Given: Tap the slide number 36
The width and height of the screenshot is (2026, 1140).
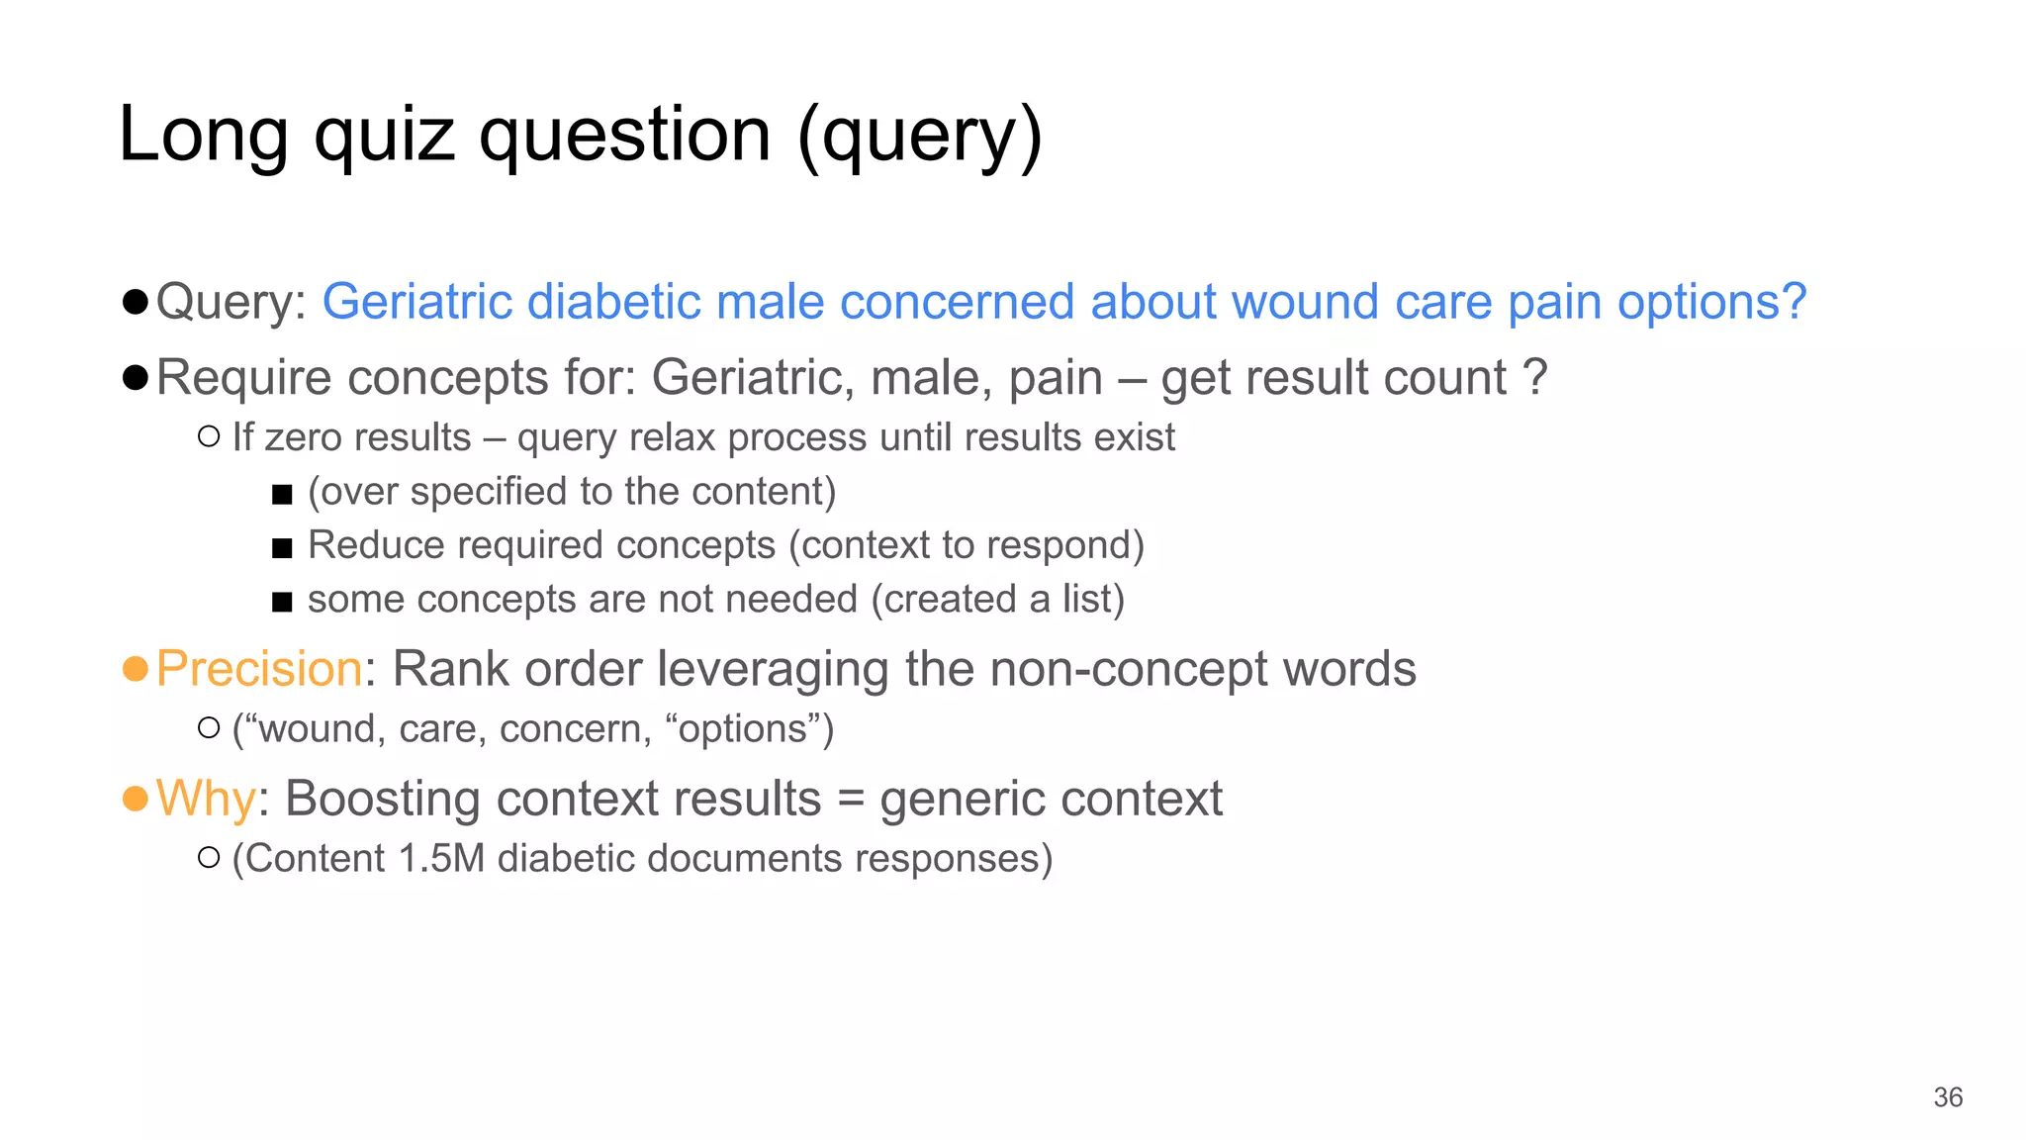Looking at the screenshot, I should coord(1948,1097).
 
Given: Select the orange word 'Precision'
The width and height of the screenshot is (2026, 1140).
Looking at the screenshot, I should coord(259,669).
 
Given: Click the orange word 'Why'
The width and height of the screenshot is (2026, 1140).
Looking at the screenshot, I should coord(206,799).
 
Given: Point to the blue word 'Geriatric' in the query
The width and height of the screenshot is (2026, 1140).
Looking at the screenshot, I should coord(415,302).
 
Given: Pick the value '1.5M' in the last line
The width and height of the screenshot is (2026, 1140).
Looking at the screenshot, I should coord(441,858).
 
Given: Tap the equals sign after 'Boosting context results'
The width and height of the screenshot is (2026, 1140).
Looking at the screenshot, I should coord(850,799).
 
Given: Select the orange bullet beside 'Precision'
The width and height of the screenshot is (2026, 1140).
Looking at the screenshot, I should coord(136,669).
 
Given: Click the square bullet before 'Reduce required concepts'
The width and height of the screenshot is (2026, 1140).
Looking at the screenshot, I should coord(282,547).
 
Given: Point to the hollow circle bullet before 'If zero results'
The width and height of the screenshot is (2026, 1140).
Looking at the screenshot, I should coord(208,436).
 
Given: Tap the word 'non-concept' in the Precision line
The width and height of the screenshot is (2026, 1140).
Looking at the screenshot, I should coord(1128,669).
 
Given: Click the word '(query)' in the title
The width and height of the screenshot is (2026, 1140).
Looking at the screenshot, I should coord(919,136).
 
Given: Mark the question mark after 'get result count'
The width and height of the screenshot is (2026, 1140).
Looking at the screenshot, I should coord(1535,378).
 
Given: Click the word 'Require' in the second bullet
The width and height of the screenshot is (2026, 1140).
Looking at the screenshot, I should coord(243,378).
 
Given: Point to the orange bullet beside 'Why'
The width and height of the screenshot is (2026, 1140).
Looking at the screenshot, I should coord(136,798).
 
